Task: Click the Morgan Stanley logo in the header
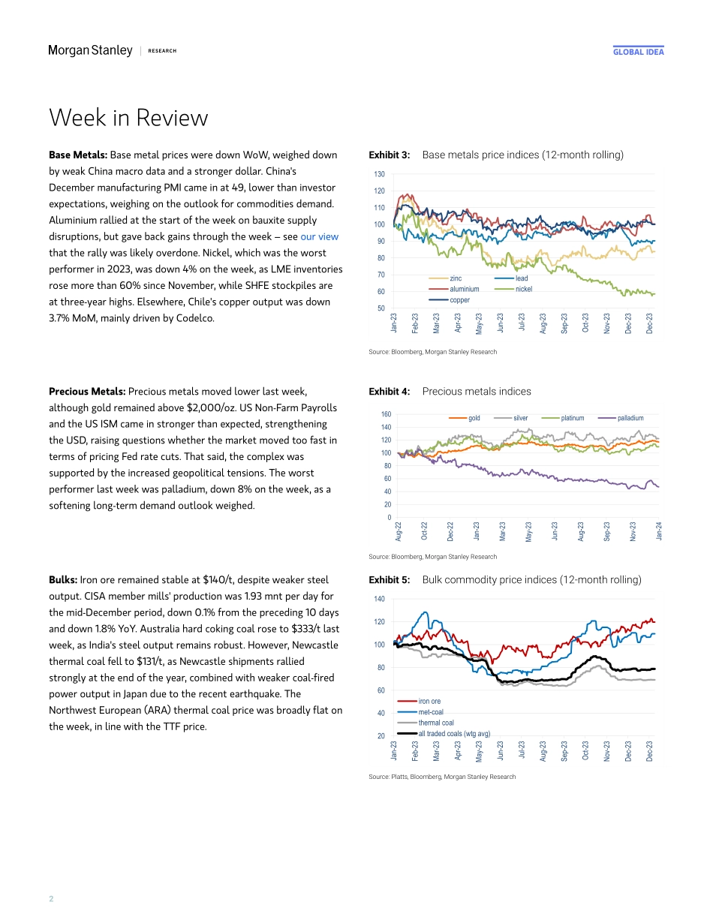click(90, 51)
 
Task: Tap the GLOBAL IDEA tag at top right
click(638, 52)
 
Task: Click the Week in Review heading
click(128, 118)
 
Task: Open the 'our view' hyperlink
click(319, 236)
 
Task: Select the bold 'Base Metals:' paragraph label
click(78, 155)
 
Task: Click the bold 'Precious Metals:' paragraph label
click(87, 391)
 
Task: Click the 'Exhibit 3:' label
click(390, 155)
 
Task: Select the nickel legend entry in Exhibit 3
click(523, 289)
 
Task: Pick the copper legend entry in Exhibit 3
click(459, 299)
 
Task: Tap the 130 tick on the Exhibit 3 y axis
click(379, 174)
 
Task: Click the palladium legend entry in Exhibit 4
click(630, 418)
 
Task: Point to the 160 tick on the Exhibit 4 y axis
click(386, 414)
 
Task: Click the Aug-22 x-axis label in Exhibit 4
click(398, 531)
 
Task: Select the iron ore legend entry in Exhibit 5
click(429, 702)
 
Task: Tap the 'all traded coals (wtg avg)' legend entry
click(453, 733)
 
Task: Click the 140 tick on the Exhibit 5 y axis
click(379, 599)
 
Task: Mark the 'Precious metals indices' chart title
click(477, 391)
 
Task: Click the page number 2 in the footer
click(51, 898)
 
